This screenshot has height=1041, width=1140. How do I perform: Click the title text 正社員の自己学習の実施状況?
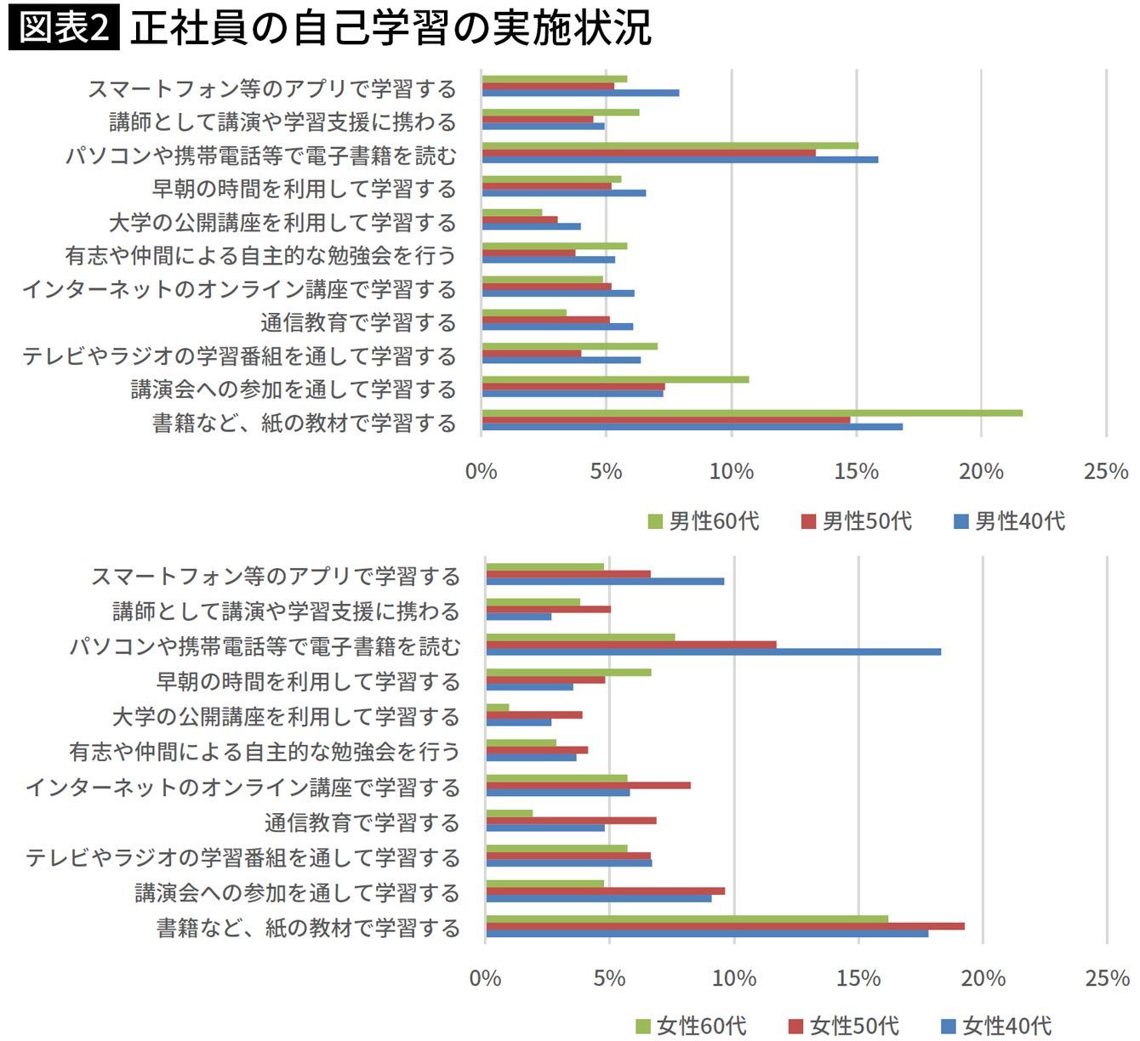point(391,28)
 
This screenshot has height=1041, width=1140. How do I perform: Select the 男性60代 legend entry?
point(704,521)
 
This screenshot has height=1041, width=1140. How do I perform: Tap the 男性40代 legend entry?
point(1009,521)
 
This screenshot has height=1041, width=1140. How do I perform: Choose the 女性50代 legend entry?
point(844,1026)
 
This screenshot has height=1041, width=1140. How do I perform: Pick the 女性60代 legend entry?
point(691,1026)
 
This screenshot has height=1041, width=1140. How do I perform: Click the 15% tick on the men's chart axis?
point(857,472)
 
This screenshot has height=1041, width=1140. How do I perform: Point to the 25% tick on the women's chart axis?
point(1108,978)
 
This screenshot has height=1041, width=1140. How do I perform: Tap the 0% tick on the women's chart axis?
point(485,978)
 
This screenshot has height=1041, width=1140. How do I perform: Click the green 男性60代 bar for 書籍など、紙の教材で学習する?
point(752,413)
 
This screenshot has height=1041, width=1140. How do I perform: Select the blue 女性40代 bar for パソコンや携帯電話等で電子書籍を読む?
point(714,651)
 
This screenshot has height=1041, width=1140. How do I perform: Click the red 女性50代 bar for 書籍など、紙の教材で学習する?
point(726,926)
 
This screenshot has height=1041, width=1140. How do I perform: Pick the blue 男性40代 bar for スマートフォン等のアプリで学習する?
point(581,94)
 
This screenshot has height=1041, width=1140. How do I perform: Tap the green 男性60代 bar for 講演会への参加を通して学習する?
point(615,379)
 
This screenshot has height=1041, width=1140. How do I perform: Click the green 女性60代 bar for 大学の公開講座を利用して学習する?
point(498,708)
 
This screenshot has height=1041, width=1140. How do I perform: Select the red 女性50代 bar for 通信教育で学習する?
point(571,821)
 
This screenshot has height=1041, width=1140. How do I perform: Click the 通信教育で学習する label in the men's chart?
point(359,323)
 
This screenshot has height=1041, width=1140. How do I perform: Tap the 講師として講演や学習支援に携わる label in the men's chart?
point(283,122)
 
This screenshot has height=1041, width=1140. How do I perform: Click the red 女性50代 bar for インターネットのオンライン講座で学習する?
point(589,785)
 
